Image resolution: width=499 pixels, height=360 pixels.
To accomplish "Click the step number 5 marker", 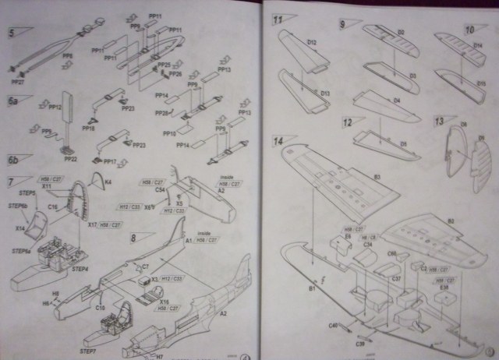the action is pyautogui.click(x=12, y=33).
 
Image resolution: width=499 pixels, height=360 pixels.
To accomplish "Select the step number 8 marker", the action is pyautogui.click(x=133, y=237).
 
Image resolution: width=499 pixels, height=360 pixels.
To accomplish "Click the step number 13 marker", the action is pyautogui.click(x=440, y=121).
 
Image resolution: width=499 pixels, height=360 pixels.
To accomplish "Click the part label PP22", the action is pyautogui.click(x=70, y=159).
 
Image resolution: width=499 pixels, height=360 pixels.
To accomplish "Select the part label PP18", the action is pyautogui.click(x=87, y=129).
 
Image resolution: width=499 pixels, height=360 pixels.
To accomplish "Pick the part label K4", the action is pyautogui.click(x=108, y=182).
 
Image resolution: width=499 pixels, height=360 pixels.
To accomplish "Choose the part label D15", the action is pyautogui.click(x=481, y=83).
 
